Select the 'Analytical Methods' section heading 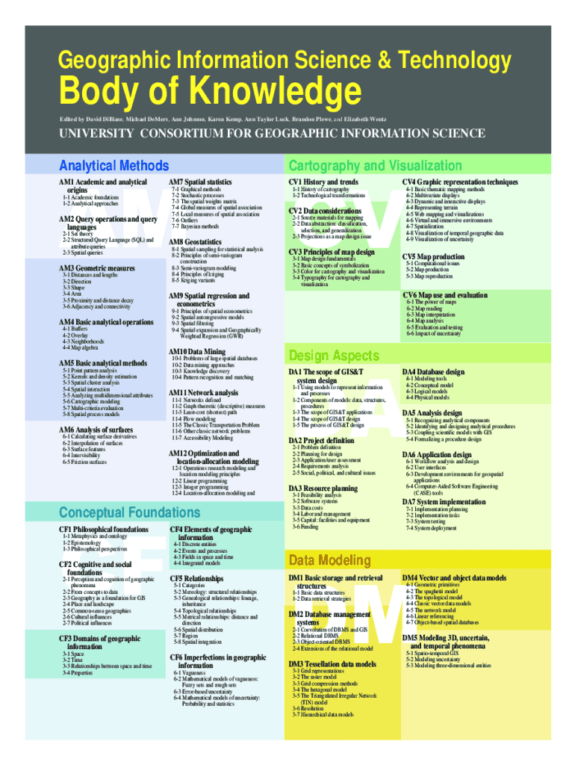[114, 166]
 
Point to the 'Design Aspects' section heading [329, 355]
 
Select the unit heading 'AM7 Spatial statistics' [200, 182]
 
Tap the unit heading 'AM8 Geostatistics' [195, 242]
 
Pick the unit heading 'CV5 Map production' [433, 256]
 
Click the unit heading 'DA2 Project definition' [321, 441]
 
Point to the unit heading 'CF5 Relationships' [196, 578]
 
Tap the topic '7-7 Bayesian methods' [195, 226]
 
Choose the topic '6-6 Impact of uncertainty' [434, 334]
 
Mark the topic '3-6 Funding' [305, 527]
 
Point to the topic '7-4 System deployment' [431, 528]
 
